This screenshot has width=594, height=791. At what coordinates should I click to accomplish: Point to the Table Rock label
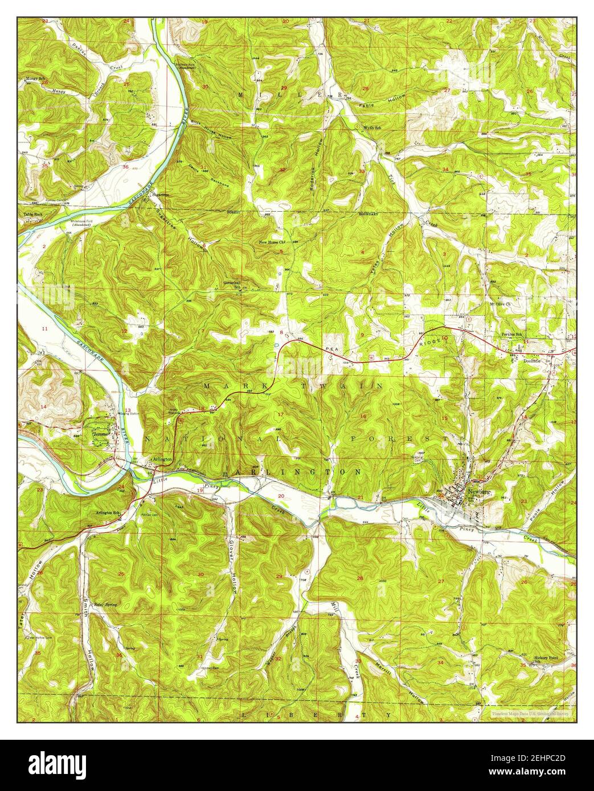[x=33, y=215]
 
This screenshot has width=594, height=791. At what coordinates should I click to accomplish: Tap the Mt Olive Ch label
[x=501, y=304]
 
